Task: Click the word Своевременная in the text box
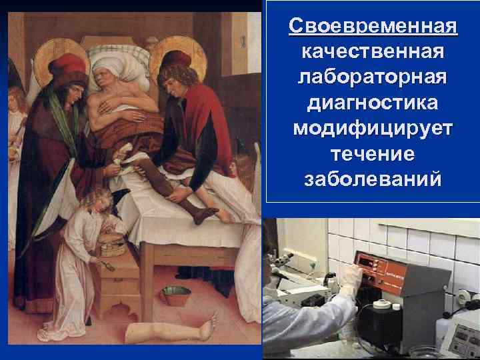coord(373,28)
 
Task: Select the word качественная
coord(373,53)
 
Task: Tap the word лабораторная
coord(373,79)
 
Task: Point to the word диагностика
coord(373,104)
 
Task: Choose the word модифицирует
coord(373,129)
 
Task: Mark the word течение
coord(373,155)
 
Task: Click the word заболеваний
coord(373,180)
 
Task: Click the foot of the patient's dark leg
coord(203,214)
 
